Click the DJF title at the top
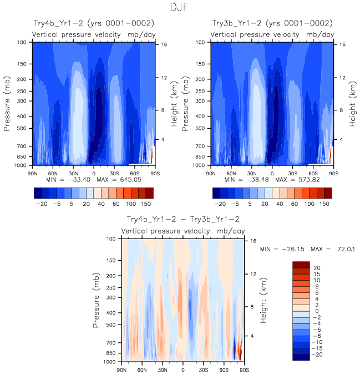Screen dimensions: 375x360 point(180,8)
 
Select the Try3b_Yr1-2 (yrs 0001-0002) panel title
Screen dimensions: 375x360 point(272,23)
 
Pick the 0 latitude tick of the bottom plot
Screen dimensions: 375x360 point(183,369)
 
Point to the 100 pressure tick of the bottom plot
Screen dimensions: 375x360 point(111,239)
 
